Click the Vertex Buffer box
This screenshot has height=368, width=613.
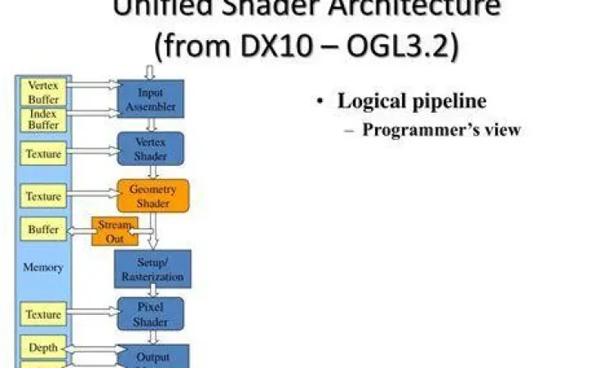(x=43, y=91)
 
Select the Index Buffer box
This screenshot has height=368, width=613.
(x=43, y=119)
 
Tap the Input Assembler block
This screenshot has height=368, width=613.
(x=150, y=99)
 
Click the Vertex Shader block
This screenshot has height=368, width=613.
(x=150, y=149)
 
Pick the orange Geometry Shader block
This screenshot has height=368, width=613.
(x=153, y=195)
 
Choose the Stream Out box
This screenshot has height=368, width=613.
(x=114, y=231)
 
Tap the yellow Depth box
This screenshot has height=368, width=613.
(x=43, y=348)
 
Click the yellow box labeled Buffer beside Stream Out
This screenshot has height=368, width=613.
(x=43, y=230)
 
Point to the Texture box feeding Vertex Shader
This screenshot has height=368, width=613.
(x=43, y=153)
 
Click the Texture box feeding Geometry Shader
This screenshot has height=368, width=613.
(x=43, y=196)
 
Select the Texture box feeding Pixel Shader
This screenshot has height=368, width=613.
(x=43, y=315)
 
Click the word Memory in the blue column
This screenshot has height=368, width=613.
(x=43, y=267)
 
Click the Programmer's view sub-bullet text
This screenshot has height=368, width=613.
(x=441, y=129)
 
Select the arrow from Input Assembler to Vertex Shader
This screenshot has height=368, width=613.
(x=151, y=124)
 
